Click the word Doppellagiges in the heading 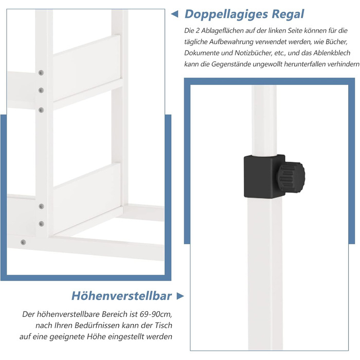click(x=226, y=14)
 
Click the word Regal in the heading click(x=288, y=14)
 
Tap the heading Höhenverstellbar click(x=121, y=296)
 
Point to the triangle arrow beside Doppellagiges click(x=175, y=14)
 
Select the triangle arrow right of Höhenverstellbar click(x=180, y=296)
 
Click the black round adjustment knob click(x=291, y=176)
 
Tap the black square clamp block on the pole click(x=264, y=176)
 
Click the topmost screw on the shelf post click(x=41, y=73)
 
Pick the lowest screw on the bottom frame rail click(x=23, y=242)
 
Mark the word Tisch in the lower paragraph click(x=164, y=326)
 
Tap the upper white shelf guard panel click(x=87, y=68)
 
